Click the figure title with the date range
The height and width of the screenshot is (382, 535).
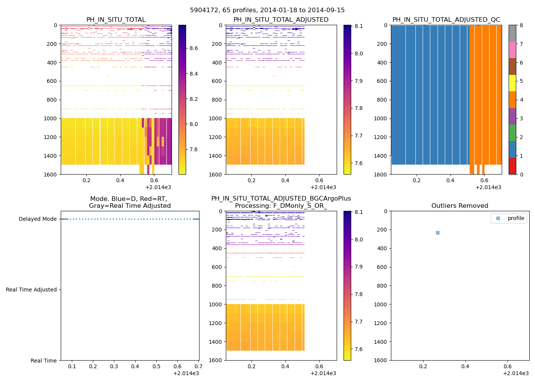tap(267, 10)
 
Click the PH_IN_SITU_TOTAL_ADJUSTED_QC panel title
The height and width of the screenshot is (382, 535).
tap(446, 20)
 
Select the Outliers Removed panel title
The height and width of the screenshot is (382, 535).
tap(460, 206)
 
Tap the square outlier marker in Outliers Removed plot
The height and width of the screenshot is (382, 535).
tap(438, 233)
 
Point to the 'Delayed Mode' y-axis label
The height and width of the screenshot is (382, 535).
tap(37, 219)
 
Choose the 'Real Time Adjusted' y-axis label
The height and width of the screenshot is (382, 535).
tap(31, 290)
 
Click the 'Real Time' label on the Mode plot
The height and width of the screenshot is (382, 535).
tap(44, 361)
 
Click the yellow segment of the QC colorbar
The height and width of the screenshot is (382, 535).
tap(512, 83)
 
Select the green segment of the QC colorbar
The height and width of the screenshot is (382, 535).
tap(512, 133)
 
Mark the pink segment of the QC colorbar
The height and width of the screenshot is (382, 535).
tap(512, 50)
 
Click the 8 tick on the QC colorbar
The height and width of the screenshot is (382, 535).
tap(521, 25)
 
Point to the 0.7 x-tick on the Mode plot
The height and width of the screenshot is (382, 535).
tap(198, 367)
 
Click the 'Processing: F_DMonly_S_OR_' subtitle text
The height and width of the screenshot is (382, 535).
tap(281, 206)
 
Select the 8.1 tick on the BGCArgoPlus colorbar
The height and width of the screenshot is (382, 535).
tap(358, 212)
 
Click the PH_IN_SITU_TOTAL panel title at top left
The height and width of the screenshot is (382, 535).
tap(116, 20)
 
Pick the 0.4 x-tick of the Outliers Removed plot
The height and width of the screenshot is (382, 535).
tap(465, 367)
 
